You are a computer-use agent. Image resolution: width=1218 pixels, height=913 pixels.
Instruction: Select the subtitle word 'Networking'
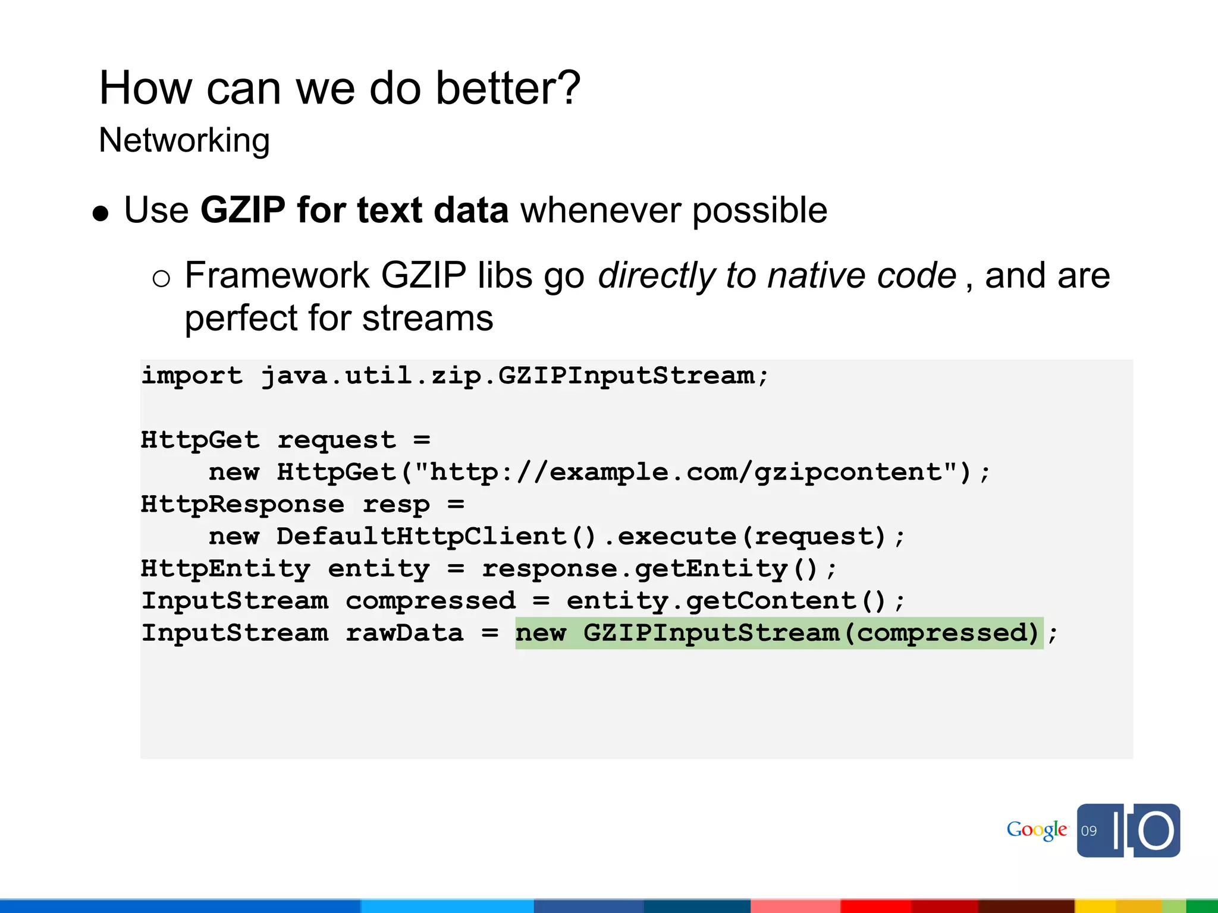(184, 141)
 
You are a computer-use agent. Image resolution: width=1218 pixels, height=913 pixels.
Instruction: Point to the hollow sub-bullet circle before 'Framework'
(161, 278)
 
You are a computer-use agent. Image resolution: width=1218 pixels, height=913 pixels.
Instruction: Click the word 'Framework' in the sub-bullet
(277, 276)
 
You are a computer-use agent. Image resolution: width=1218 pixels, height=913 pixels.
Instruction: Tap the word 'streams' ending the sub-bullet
(428, 319)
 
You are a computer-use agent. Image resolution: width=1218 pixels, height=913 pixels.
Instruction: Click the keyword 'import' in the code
(192, 376)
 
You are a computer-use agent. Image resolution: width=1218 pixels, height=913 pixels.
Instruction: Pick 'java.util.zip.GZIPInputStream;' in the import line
(515, 376)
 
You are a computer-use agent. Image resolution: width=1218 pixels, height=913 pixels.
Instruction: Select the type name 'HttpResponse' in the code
(242, 505)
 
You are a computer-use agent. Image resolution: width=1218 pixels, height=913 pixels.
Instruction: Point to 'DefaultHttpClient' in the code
(421, 537)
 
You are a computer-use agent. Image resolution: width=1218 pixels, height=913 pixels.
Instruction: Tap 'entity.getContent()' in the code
(727, 601)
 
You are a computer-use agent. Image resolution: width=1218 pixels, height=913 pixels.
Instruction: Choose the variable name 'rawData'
(404, 633)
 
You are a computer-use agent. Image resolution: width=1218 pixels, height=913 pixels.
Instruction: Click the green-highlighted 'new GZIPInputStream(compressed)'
(778, 633)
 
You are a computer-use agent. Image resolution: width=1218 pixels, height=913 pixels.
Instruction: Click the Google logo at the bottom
(1037, 830)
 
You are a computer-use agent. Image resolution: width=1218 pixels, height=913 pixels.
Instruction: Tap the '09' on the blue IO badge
(1088, 831)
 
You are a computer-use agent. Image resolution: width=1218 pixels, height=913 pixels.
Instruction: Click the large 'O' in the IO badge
(1156, 830)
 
